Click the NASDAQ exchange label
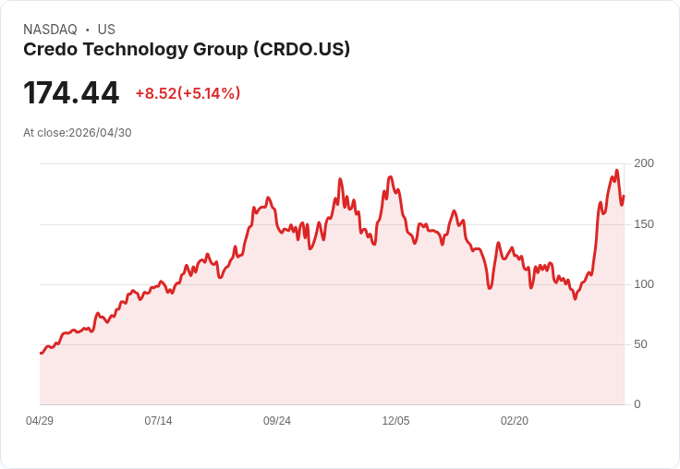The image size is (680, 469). tap(50, 30)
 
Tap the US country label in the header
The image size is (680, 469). tap(106, 30)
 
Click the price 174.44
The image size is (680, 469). tap(71, 93)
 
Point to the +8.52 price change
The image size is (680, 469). tap(155, 93)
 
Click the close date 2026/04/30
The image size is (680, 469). tap(100, 133)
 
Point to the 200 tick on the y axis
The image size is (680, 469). tap(643, 163)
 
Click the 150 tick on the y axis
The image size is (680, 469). tap(643, 223)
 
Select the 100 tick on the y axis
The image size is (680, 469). tap(643, 283)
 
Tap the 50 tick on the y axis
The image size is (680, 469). tap(639, 343)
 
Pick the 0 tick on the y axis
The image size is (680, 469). tap(637, 403)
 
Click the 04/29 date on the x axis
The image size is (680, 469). tap(40, 421)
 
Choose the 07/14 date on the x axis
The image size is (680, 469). tap(158, 421)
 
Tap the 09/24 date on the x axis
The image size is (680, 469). tap(277, 421)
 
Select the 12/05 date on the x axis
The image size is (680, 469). tap(395, 421)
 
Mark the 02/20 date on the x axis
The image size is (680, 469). tap(515, 421)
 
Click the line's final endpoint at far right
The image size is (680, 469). tap(624, 196)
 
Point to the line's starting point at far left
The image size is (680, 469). tap(41, 353)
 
